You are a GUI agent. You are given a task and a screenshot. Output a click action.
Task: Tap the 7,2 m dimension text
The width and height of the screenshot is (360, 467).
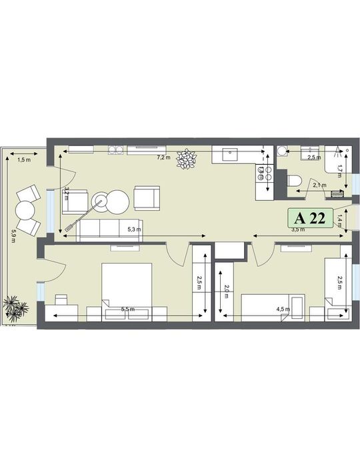click(163, 158)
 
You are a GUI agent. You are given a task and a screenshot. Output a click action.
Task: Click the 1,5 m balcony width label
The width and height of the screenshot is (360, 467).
click(24, 160)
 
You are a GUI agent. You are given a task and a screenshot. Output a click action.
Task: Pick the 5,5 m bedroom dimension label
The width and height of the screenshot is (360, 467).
click(127, 310)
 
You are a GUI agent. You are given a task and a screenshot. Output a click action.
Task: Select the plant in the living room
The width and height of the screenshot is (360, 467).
click(187, 159)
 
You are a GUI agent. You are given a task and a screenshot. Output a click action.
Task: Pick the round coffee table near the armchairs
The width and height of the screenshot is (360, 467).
click(119, 201)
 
